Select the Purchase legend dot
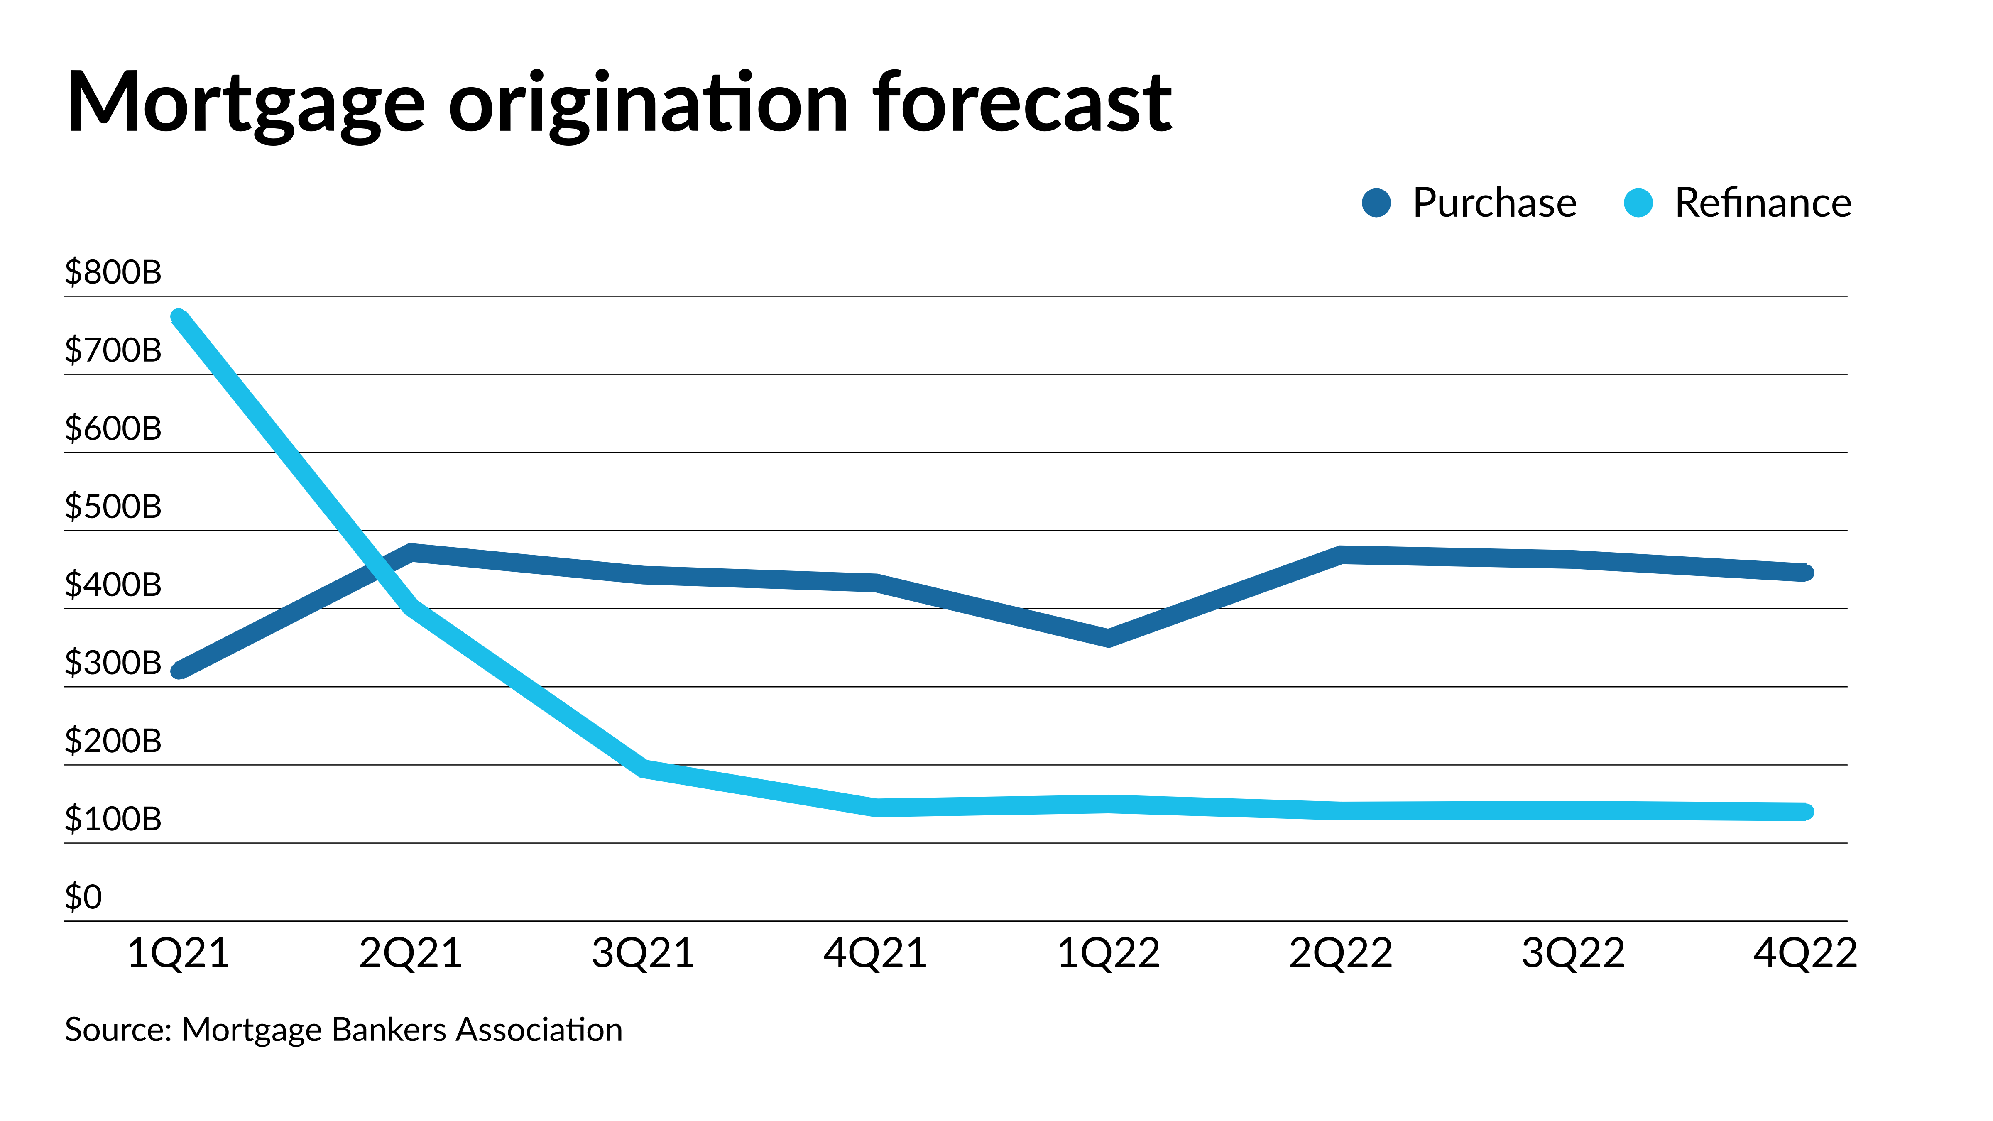click(x=1376, y=203)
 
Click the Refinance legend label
click(x=1763, y=203)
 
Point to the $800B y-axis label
click(x=113, y=272)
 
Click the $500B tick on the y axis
click(x=113, y=507)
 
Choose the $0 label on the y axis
click(x=83, y=897)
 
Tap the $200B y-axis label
click(x=113, y=741)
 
